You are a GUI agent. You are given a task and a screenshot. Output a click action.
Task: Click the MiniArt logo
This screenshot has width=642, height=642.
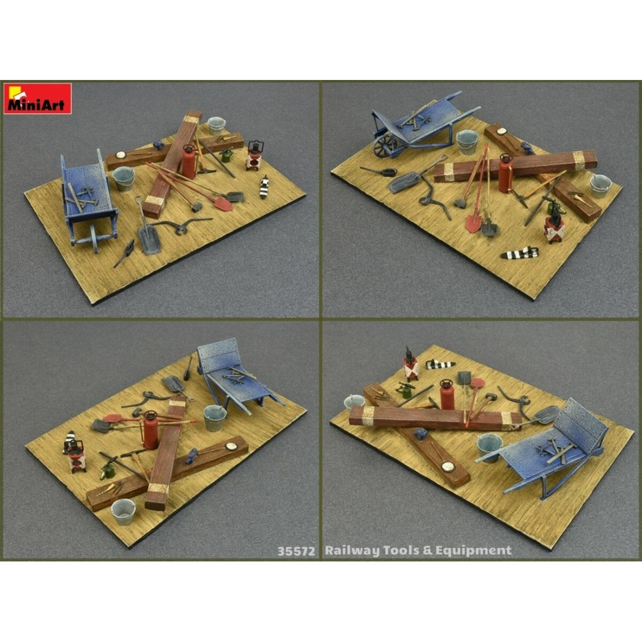pos(37,99)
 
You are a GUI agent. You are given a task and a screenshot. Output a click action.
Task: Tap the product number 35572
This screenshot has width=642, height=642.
pos(298,550)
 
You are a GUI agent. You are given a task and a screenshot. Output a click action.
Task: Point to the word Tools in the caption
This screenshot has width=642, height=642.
pos(400,550)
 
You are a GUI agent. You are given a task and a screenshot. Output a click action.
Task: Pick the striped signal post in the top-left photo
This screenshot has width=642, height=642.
pos(264,187)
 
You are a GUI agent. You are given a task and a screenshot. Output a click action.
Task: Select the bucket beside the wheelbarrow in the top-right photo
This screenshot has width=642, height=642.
pos(467,141)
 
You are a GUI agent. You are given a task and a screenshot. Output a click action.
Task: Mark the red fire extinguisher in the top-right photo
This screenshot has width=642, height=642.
pos(505,175)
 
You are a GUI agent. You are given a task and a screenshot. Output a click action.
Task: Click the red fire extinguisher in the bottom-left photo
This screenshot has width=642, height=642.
pos(151,430)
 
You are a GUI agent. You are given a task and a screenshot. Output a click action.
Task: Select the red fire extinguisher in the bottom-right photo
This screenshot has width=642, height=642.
pos(448,394)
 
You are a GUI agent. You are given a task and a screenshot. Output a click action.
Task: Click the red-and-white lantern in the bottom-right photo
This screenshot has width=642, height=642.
pos(411,366)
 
